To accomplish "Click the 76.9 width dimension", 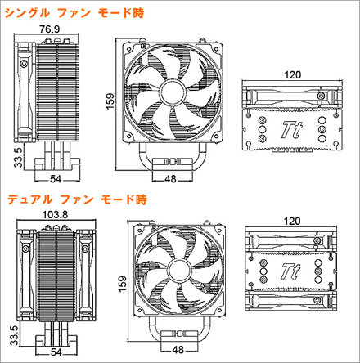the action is point(49,29).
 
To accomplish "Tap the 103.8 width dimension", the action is point(55,215).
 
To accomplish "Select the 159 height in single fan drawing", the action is point(110,101).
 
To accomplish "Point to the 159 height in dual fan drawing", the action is point(123,284).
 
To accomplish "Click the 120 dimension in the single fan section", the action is point(292,74).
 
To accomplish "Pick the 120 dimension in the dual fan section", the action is point(292,221).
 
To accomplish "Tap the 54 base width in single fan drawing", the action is point(56,179).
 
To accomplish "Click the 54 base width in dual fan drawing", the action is point(56,352).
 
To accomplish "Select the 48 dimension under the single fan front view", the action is point(171,179).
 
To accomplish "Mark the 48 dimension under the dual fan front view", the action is point(178,350).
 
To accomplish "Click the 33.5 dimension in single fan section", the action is point(18,158).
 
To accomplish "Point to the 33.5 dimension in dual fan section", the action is point(14,335).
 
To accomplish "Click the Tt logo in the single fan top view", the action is point(292,130).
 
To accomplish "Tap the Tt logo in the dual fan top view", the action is point(290,271).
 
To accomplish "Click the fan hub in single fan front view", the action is point(173,92).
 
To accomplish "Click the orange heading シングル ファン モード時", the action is point(74,13).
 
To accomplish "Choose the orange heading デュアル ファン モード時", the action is point(77,199).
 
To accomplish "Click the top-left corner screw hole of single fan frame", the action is point(128,48).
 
